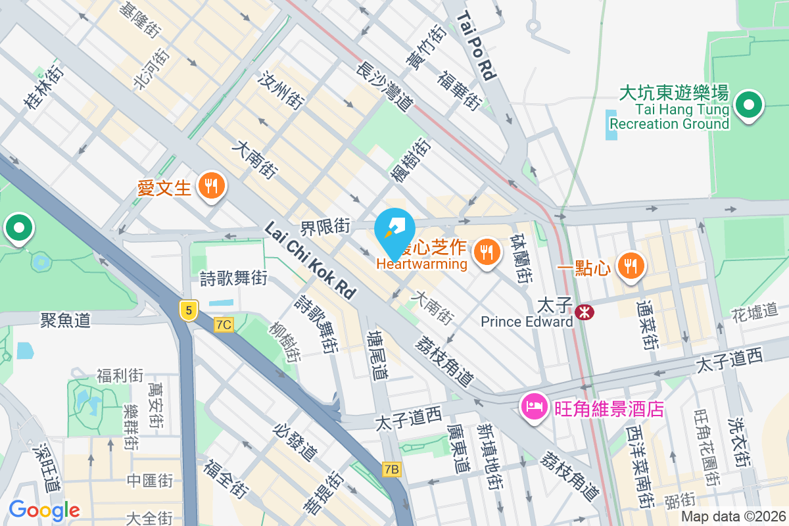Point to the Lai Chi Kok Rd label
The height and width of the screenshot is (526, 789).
(x=310, y=260)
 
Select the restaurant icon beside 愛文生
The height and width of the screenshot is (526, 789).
(x=210, y=186)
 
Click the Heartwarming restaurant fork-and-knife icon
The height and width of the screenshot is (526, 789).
(x=487, y=252)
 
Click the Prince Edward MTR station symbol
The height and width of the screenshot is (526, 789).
(x=583, y=312)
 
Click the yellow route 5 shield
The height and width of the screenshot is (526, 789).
(x=189, y=310)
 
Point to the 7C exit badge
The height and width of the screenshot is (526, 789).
(x=224, y=324)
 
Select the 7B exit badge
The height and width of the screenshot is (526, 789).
(x=391, y=469)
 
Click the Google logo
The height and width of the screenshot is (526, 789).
(x=44, y=510)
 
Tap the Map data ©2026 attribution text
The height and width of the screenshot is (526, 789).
(x=732, y=517)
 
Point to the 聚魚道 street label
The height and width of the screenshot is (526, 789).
(x=65, y=320)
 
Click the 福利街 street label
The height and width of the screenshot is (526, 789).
(x=120, y=375)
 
